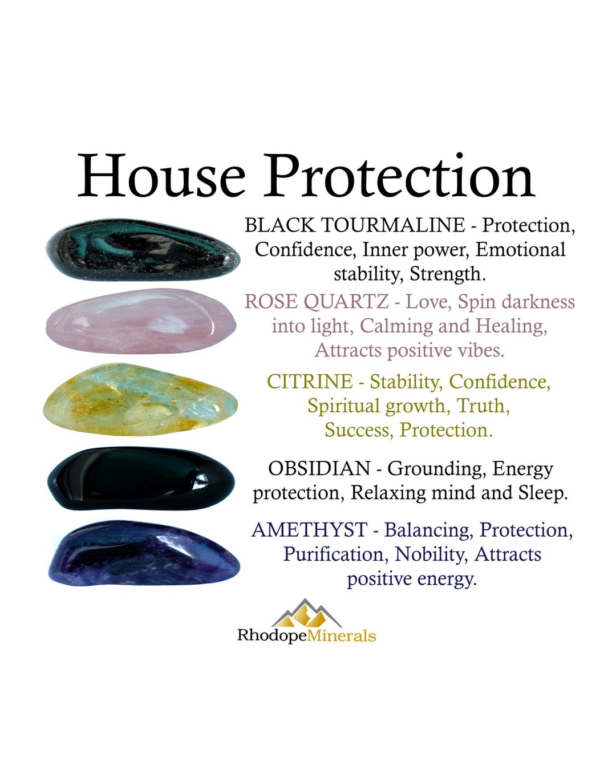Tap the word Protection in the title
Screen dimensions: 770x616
[x=399, y=176]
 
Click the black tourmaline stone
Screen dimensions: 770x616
[x=143, y=251]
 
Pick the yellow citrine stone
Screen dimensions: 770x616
[x=140, y=400]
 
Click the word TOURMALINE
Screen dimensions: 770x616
[x=393, y=225]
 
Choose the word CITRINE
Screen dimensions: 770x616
[x=310, y=382]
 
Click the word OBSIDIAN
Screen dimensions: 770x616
[x=319, y=469]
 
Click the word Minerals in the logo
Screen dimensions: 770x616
[x=341, y=635]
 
